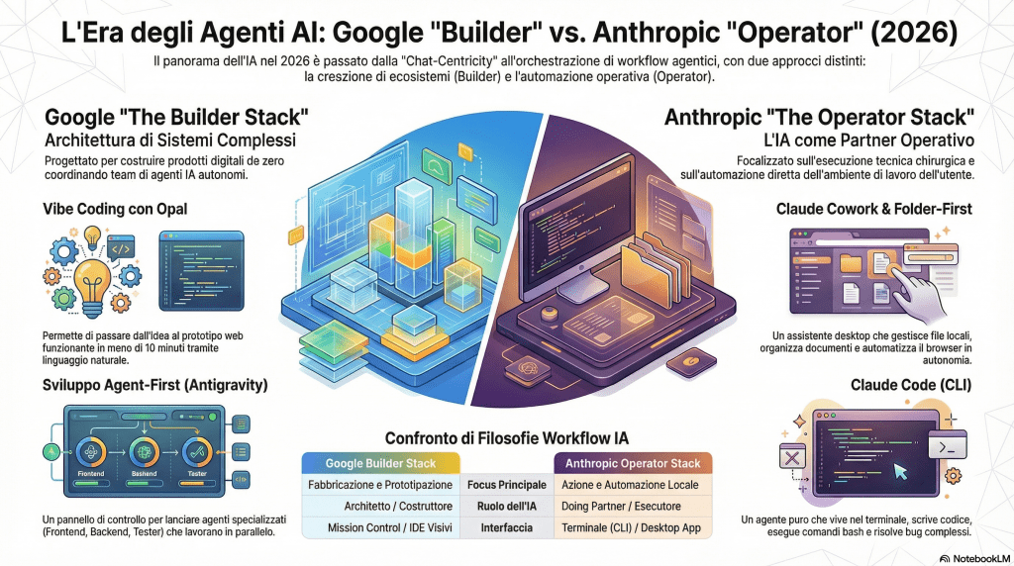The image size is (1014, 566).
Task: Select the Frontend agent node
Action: coord(90,456)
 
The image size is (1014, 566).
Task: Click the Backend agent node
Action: coord(144,456)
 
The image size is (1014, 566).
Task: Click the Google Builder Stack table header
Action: coord(381,463)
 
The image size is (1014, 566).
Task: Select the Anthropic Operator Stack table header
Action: coord(632,463)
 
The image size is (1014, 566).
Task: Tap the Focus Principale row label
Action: coord(507,485)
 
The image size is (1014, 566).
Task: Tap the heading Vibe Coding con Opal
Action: coord(116,209)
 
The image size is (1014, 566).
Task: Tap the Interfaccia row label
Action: coord(507,528)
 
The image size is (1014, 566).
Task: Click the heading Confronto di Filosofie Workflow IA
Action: coord(507,436)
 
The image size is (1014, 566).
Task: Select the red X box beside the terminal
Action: coord(792,458)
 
